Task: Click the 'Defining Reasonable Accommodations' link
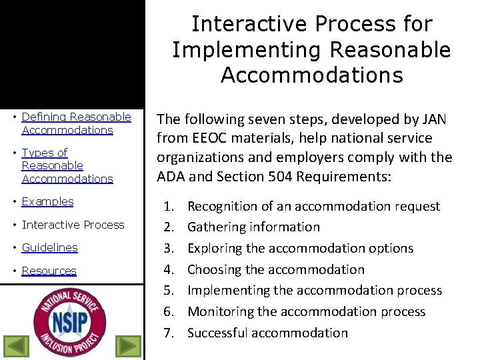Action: tap(76, 123)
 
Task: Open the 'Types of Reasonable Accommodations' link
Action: tap(67, 165)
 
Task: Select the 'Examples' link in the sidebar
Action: tap(47, 201)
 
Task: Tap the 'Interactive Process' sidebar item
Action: tap(73, 225)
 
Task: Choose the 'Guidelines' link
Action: tap(49, 247)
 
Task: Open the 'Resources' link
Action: tap(49, 271)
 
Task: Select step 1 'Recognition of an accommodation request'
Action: tap(313, 206)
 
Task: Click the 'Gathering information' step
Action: tap(253, 227)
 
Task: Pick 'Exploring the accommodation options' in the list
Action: tap(300, 248)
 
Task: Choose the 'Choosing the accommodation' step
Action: tap(275, 269)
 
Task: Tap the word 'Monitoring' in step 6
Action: tap(221, 311)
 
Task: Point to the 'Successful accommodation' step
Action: tap(267, 333)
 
